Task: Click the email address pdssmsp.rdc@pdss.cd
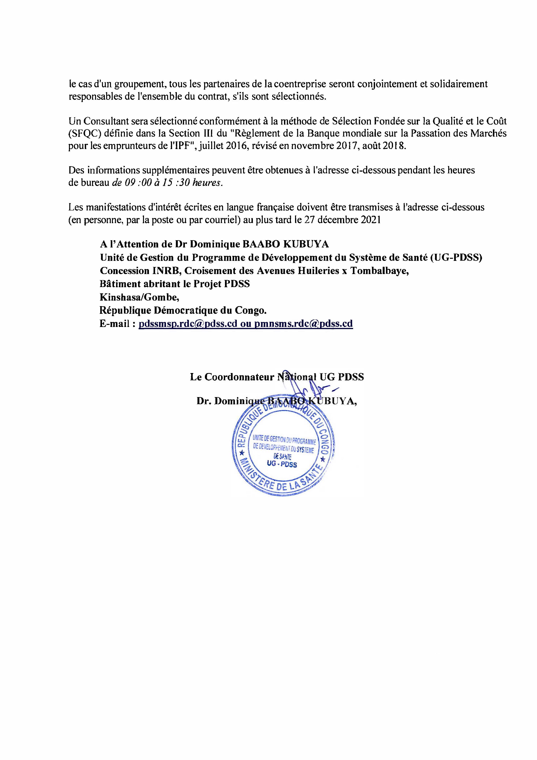tap(188, 324)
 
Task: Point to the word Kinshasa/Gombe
tap(139, 297)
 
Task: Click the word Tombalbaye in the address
tap(379, 271)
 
